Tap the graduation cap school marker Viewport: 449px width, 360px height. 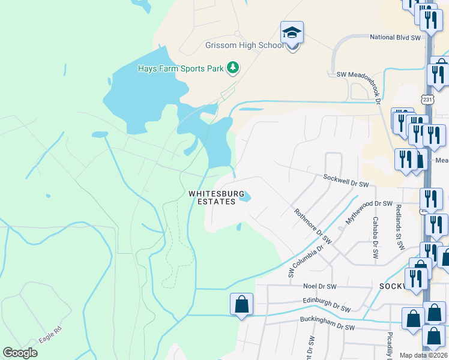coord(292,33)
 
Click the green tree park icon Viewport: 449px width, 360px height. coord(233,68)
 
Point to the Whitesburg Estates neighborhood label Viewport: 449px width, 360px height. coord(217,197)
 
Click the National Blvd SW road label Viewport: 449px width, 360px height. coord(396,38)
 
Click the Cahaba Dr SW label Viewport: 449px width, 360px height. coord(375,238)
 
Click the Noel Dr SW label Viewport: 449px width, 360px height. coord(320,287)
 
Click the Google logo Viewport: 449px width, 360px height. coord(20,353)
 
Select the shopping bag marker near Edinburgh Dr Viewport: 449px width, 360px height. coord(241,304)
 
